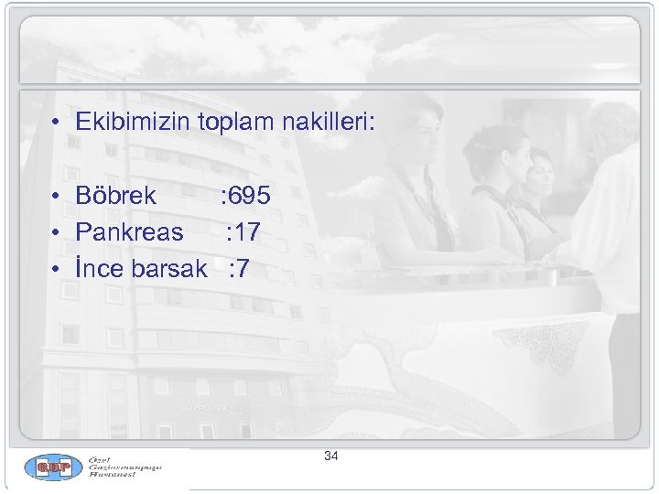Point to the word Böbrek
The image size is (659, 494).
pyautogui.click(x=116, y=196)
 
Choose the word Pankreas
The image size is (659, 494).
pyautogui.click(x=129, y=232)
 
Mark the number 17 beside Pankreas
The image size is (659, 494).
pyautogui.click(x=247, y=232)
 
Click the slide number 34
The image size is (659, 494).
pyautogui.click(x=331, y=456)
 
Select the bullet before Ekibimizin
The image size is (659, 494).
pyautogui.click(x=56, y=123)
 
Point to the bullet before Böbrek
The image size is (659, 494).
pyautogui.click(x=56, y=197)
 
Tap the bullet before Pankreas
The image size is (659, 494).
pyautogui.click(x=56, y=233)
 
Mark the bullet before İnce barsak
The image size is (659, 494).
pyautogui.click(x=56, y=270)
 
